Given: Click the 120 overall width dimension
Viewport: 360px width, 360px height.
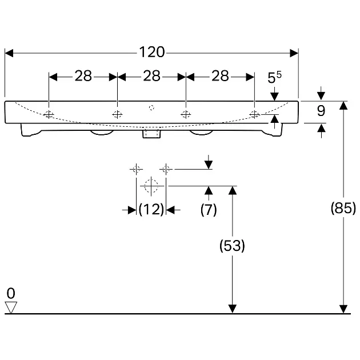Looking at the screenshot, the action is (152, 52).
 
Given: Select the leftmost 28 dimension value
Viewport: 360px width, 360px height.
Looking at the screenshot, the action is (83, 76).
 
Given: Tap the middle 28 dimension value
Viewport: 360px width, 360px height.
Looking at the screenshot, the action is (151, 76).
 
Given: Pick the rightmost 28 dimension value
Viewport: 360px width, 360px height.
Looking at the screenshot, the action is (220, 76).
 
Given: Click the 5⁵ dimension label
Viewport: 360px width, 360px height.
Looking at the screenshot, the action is (274, 77).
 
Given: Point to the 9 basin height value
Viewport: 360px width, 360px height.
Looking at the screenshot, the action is (321, 111).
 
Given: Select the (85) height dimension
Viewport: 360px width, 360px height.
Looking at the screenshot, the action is (343, 208).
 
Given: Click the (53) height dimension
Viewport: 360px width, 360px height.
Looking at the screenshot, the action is (232, 246).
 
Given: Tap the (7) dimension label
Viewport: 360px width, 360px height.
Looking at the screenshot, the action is (209, 209).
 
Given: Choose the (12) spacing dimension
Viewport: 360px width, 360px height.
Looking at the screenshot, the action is (151, 209).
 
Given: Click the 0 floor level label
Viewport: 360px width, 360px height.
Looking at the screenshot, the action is (11, 293).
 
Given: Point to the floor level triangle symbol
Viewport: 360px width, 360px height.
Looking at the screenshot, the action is (11, 307).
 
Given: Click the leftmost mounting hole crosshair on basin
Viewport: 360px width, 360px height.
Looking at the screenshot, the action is (49, 114).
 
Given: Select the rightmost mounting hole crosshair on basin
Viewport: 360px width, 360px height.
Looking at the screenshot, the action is (254, 114).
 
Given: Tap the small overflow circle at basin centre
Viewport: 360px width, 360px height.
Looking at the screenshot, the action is (151, 107).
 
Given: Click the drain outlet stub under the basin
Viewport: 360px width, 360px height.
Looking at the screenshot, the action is (151, 134).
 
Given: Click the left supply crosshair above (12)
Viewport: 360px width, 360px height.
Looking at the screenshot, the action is (136, 170).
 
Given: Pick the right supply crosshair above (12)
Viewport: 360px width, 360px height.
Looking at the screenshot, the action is (166, 170).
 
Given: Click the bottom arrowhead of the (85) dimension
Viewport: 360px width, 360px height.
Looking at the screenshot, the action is (343, 309).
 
